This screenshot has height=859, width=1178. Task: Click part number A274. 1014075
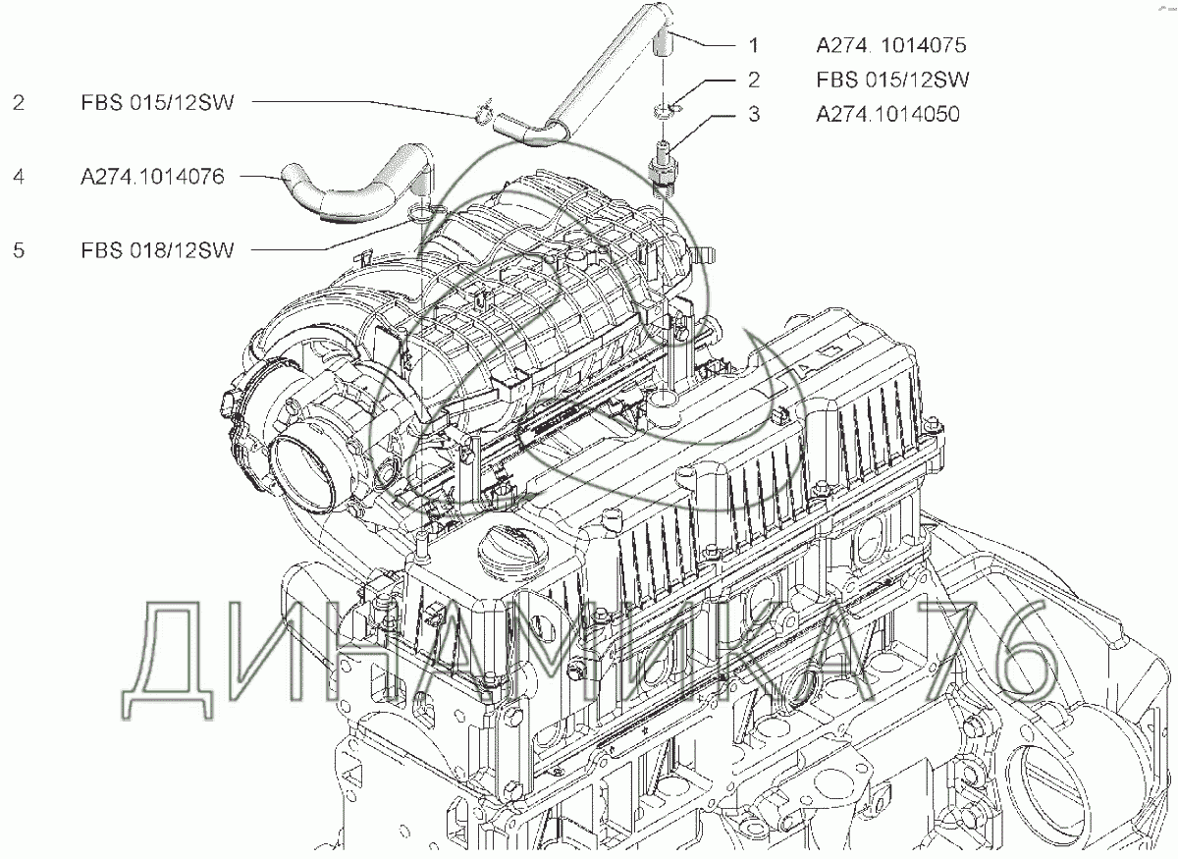click(x=891, y=45)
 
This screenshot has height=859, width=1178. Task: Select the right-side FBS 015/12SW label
click(x=892, y=80)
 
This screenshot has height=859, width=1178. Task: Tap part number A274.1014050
click(x=887, y=114)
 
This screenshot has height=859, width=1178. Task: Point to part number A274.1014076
click(x=152, y=177)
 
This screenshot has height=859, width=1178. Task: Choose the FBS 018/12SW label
click(x=157, y=250)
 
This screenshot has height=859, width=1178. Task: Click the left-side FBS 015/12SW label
click(x=157, y=102)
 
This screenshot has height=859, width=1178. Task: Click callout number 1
click(x=754, y=45)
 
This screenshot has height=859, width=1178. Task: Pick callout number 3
click(x=754, y=114)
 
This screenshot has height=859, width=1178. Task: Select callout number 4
click(x=19, y=177)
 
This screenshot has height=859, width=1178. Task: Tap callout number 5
click(x=19, y=250)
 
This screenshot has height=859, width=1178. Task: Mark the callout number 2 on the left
click(x=19, y=102)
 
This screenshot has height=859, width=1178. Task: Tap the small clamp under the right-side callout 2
click(x=667, y=110)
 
